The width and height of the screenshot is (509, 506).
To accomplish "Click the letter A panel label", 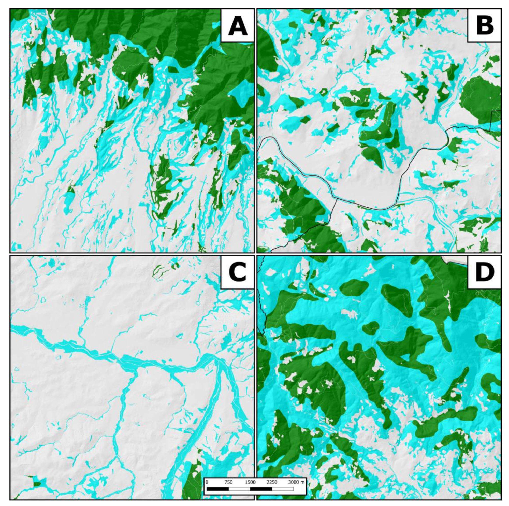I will click(237, 25).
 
